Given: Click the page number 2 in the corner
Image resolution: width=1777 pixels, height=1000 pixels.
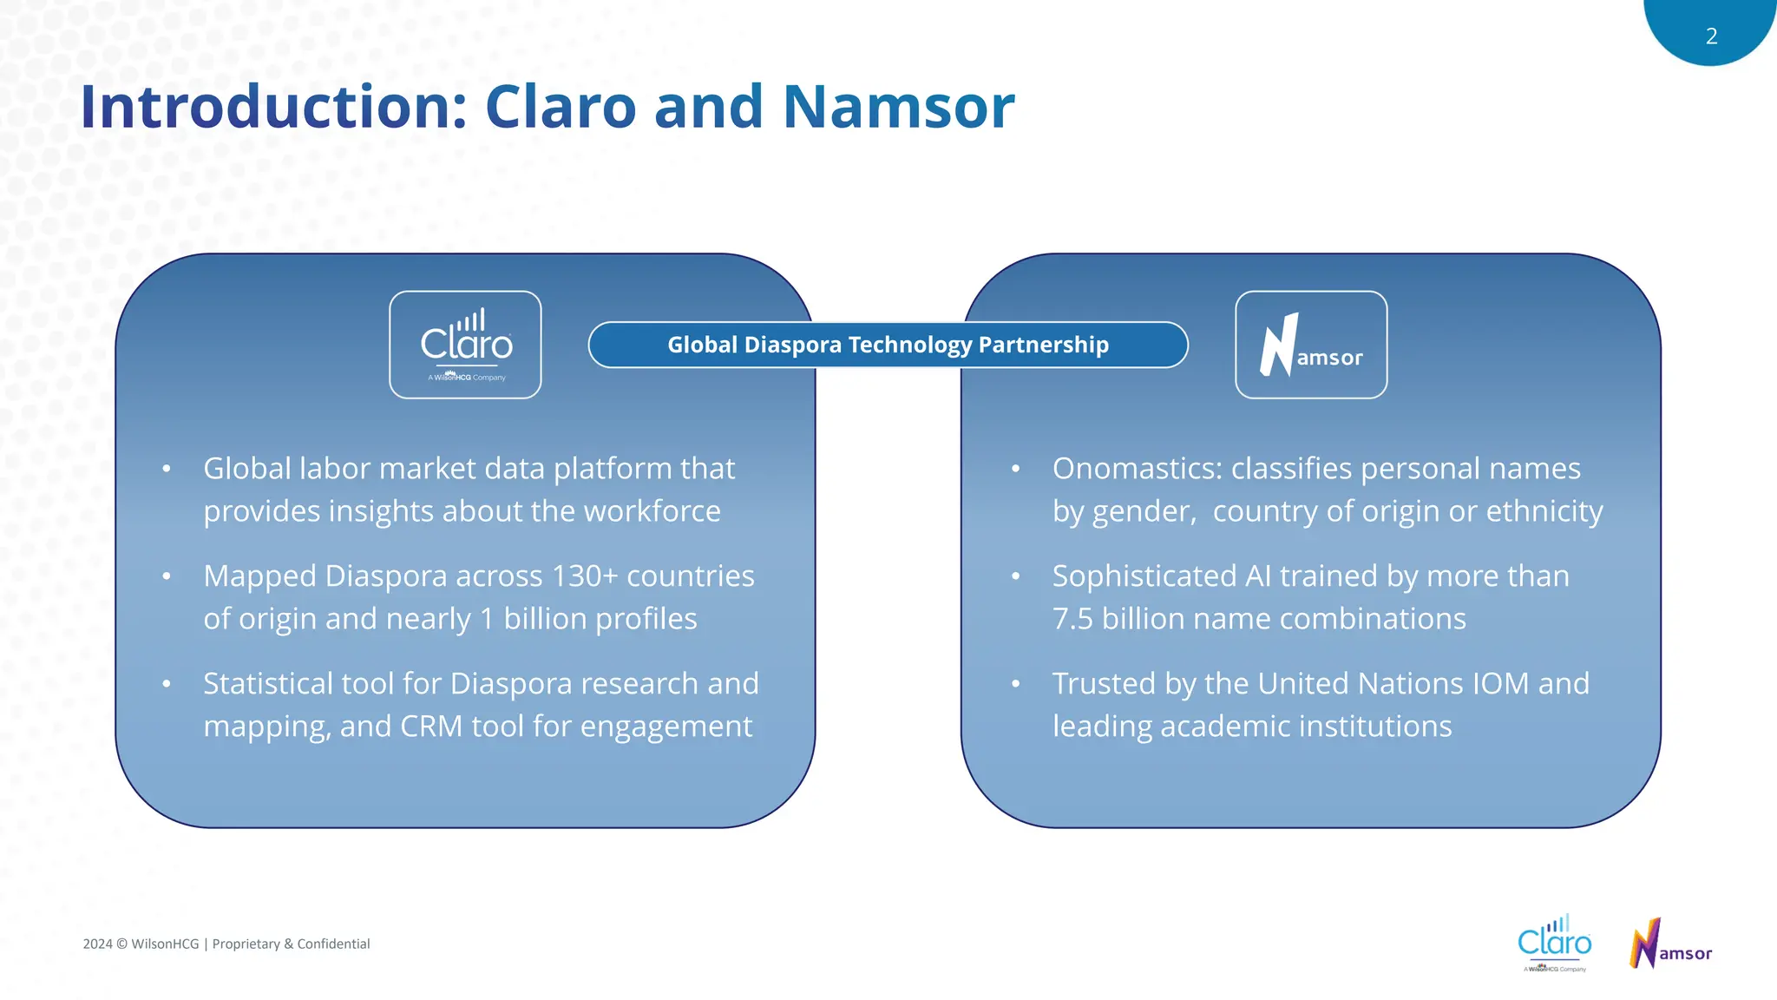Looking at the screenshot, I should tap(1711, 36).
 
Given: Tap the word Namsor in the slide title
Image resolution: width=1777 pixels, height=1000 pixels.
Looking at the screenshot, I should tap(898, 107).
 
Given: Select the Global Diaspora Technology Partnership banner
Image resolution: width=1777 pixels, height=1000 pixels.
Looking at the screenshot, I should tap(888, 345).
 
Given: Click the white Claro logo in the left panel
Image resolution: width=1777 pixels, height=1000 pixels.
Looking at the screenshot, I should tap(466, 345).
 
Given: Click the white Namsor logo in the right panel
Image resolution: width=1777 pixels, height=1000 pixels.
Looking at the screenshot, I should tap(1311, 345).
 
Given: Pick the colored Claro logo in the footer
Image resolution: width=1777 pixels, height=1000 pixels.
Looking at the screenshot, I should tap(1554, 942).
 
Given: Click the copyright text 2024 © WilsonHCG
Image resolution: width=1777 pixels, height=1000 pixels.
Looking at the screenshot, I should tap(141, 944).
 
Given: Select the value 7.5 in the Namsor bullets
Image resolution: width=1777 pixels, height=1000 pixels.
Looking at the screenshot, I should tap(1072, 619).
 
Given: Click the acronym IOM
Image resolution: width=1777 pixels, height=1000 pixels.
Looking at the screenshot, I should tap(1500, 684).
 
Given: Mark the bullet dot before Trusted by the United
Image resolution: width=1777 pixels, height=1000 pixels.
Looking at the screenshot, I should tap(1015, 684).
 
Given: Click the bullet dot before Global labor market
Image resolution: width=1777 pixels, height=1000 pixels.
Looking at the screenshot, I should tap(167, 470).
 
